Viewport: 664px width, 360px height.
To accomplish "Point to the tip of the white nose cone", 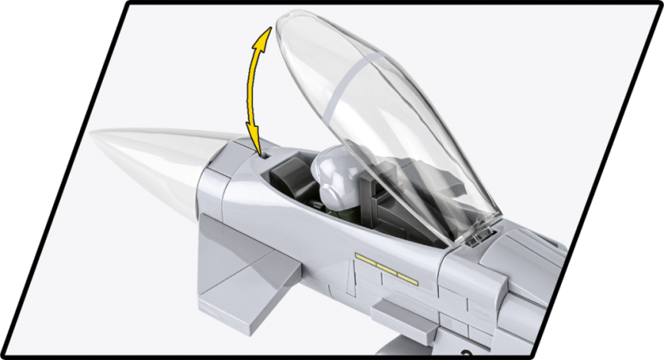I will point(92,137).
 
